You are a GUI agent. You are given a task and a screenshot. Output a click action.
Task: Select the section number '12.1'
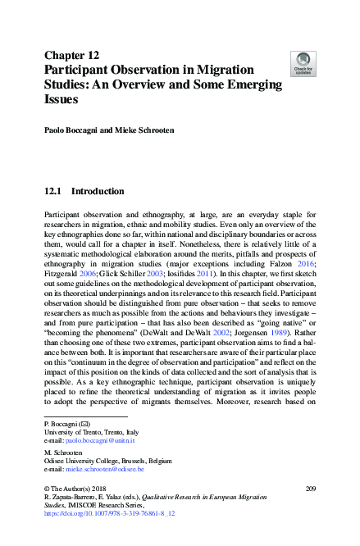pyautogui.click(x=53, y=192)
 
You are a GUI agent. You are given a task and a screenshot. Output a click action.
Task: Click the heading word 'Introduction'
pyautogui.click(x=98, y=192)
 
